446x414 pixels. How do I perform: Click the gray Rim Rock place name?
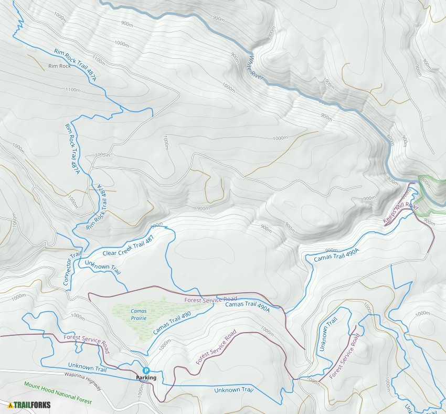[x=59, y=66]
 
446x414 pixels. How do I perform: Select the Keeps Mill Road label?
[x=401, y=214]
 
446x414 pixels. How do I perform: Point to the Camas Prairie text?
[x=139, y=314]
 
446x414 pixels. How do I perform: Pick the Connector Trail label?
[x=72, y=268]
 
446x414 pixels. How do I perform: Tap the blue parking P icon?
[x=146, y=370]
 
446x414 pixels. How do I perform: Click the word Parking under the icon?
[x=146, y=378]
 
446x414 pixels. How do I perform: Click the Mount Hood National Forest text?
[x=58, y=392]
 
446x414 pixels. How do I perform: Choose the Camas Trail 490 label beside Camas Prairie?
[x=172, y=323]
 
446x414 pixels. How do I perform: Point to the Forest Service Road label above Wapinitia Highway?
[x=86, y=343]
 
